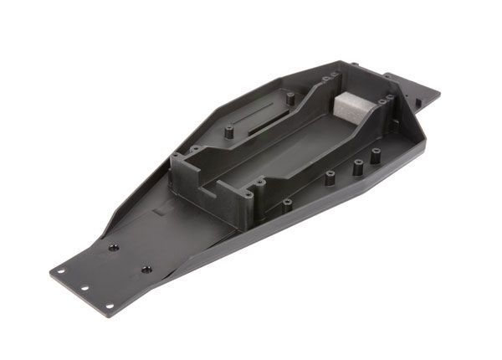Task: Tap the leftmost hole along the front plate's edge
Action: click(60, 271)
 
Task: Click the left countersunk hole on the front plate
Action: click(113, 247)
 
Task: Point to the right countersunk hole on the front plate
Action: click(146, 270)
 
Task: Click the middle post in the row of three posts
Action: click(357, 166)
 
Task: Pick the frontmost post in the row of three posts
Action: click(329, 177)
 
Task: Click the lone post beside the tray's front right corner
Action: click(286, 203)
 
